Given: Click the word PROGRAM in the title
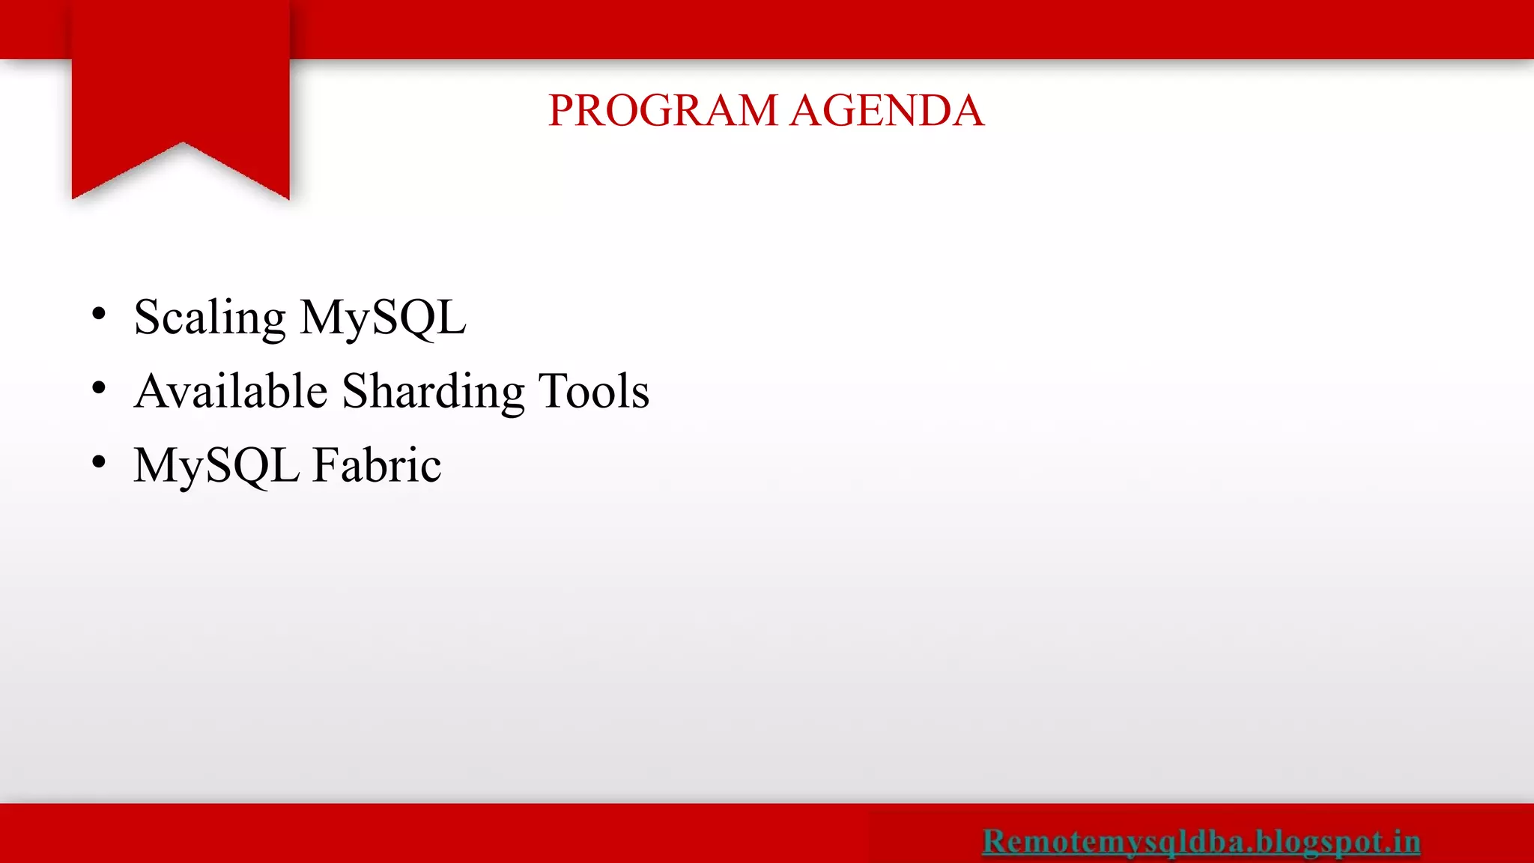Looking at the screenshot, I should [x=664, y=111].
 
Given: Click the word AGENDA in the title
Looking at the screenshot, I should [x=887, y=111].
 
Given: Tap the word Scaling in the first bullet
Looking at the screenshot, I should [x=210, y=318].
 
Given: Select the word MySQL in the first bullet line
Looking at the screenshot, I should [x=383, y=318].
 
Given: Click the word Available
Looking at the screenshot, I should [x=231, y=391].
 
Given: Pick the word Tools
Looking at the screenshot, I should [x=593, y=391].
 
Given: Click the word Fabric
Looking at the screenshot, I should [x=377, y=465].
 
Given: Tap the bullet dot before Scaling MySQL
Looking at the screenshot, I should [x=99, y=315].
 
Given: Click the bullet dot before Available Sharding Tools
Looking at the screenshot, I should [x=99, y=388].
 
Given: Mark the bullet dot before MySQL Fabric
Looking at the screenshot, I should [x=99, y=462].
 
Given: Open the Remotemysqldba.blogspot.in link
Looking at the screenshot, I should [x=1201, y=841].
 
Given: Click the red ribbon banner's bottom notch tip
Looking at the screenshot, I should [x=182, y=143].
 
